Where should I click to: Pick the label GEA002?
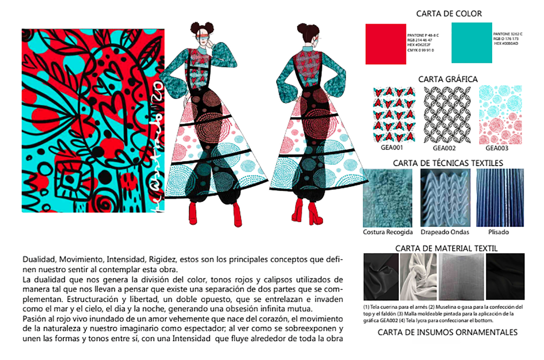[444, 149]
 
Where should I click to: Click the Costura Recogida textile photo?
[388, 197]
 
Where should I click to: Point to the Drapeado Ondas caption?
[445, 233]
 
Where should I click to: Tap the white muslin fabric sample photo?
[418, 277]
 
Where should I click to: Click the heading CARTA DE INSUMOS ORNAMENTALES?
[448, 332]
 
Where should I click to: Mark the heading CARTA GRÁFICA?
[448, 79]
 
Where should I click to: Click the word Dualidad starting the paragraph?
[38, 259]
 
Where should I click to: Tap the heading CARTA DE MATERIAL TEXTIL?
[446, 248]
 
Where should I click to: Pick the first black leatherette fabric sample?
[381, 277]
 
